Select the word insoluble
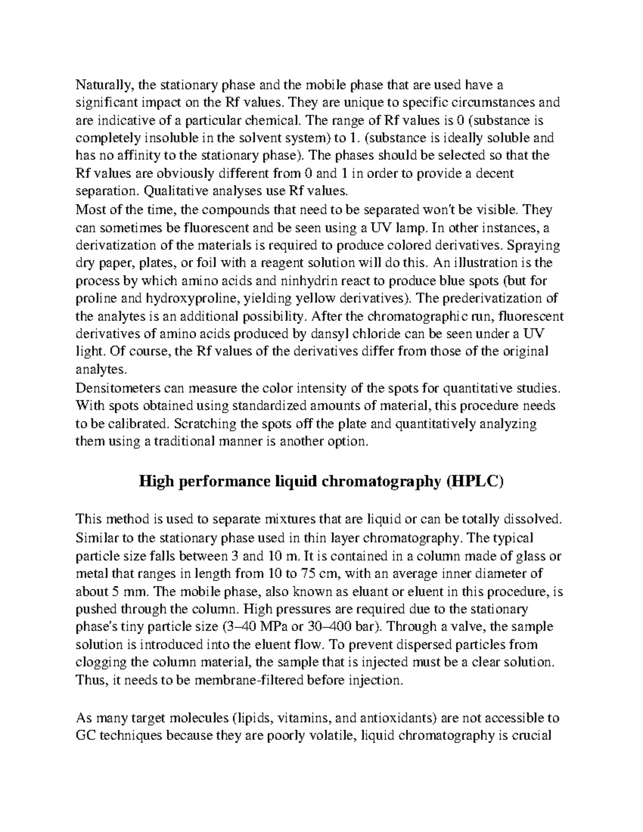click(171, 138)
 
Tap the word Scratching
click(201, 423)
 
